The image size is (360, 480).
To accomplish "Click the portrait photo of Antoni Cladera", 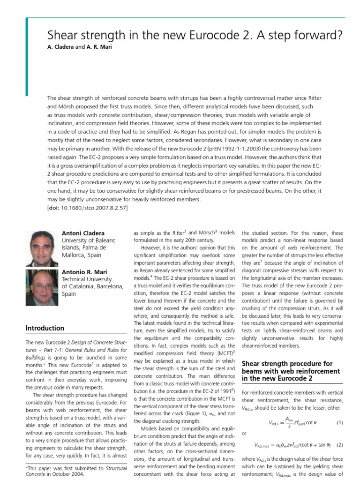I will [x=42, y=248].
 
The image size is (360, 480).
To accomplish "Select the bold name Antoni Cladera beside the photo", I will [x=83, y=233].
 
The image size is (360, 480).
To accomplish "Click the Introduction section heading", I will [x=45, y=328].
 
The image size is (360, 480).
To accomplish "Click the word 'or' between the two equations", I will [x=244, y=434].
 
